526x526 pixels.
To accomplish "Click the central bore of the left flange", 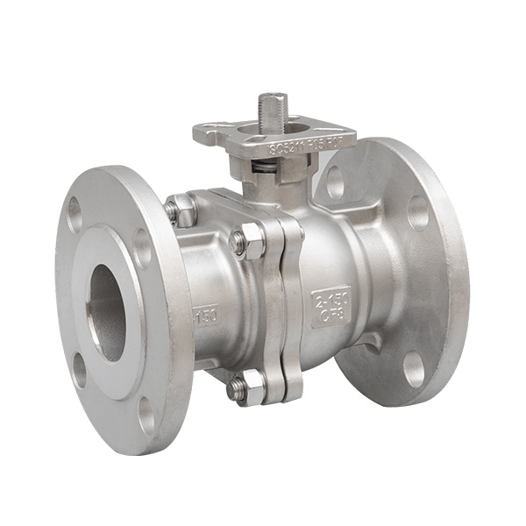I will (x=108, y=312).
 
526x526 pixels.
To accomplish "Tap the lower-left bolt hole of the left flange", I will (x=80, y=369).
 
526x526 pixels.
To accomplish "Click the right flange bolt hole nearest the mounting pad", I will (x=335, y=182).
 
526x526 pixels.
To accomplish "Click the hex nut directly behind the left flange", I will (x=181, y=210).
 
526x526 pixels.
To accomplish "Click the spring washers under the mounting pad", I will (x=274, y=165).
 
